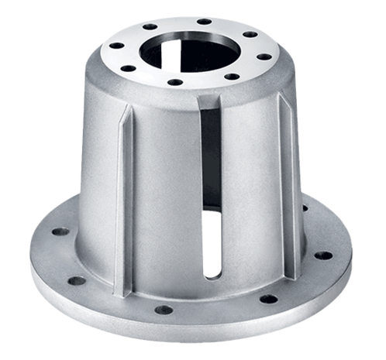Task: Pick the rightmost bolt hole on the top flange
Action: pos(264,56)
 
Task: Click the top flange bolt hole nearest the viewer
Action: pos(175,82)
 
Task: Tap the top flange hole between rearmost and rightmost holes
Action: pos(248,33)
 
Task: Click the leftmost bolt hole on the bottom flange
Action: pos(60,231)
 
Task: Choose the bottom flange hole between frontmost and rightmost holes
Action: pos(268,299)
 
